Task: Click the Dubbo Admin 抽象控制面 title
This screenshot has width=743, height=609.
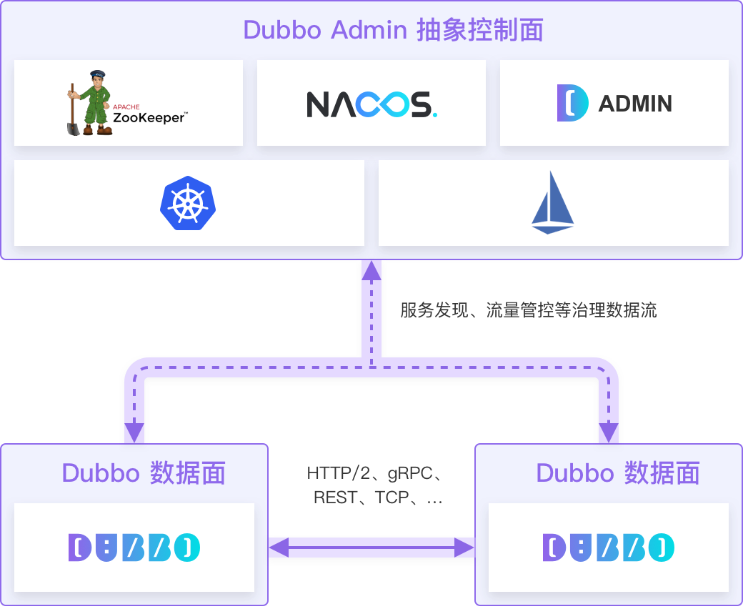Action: coord(393,30)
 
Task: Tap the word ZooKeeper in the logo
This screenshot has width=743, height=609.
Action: coord(149,117)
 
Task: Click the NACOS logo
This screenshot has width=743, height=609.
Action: coord(371,104)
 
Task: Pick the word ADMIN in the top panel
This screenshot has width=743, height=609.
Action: coord(634,104)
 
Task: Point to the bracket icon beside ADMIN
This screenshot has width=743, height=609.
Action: coord(572,103)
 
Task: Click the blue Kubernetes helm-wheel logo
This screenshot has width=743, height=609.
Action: coord(187,203)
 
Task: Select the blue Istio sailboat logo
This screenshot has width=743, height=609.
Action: coord(553,203)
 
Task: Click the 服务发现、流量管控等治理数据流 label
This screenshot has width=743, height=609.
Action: coord(528,310)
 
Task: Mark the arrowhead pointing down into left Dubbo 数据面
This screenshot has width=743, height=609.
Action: coord(134,432)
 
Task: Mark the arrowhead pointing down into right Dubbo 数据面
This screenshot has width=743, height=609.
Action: coord(609,432)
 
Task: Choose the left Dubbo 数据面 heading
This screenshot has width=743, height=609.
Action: coord(144,473)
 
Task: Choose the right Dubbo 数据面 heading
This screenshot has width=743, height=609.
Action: coord(617,473)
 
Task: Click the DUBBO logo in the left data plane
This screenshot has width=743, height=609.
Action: coord(134,548)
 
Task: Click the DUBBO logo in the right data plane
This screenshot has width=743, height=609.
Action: coord(609,548)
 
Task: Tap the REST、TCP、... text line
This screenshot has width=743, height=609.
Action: coord(377,497)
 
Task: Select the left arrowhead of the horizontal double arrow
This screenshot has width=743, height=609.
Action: coord(278,548)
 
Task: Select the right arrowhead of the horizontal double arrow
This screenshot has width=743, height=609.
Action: coord(465,548)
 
